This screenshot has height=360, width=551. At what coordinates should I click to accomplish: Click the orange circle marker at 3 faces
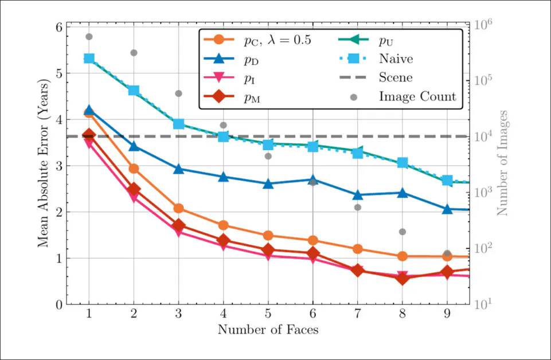tap(178, 208)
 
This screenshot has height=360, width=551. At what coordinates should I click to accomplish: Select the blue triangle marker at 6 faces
tap(312, 180)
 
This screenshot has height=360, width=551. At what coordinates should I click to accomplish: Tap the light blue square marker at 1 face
tap(89, 58)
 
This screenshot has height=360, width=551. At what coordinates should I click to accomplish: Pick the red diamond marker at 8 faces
tap(402, 279)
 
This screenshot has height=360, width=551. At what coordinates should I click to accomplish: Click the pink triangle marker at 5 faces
tap(268, 255)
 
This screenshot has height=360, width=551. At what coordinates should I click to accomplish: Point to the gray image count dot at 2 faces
tap(134, 53)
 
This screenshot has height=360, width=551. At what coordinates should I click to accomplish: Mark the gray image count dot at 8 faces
tap(402, 232)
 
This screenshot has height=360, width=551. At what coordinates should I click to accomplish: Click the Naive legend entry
tap(396, 58)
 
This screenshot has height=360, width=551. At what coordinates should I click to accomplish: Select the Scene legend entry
tap(396, 77)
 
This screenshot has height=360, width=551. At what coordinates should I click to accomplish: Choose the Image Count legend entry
tap(417, 96)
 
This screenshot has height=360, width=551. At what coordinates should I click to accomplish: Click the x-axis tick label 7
tap(357, 314)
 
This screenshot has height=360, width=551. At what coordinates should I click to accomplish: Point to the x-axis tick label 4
tap(223, 314)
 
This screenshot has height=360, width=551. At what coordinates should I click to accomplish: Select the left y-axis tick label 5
tap(58, 73)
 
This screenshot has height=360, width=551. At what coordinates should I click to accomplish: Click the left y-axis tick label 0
tap(58, 304)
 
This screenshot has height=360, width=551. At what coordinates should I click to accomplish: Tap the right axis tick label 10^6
tap(481, 26)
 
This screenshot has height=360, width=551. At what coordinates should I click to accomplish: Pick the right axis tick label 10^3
tap(481, 192)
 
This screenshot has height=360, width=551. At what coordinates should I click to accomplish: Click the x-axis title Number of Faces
tap(268, 330)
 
